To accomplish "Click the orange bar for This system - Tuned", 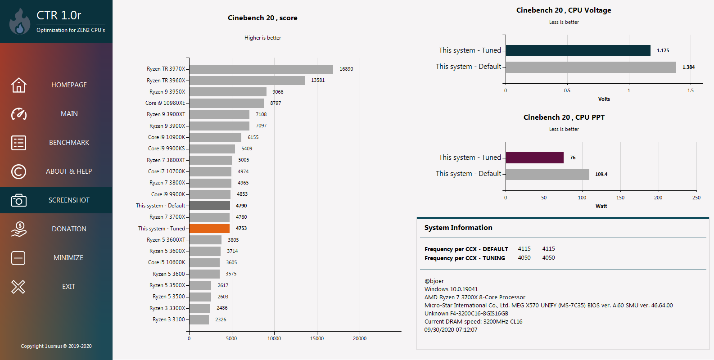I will pyautogui.click(x=209, y=228).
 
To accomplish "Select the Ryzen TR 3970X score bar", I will pyautogui.click(x=261, y=69).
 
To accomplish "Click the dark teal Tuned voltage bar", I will pyautogui.click(x=578, y=50).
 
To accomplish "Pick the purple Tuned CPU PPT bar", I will pyautogui.click(x=534, y=157).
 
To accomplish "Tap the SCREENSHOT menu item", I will pyautogui.click(x=69, y=200).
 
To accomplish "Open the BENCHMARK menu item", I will pyautogui.click(x=69, y=143).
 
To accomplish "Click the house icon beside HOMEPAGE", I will pyautogui.click(x=19, y=85).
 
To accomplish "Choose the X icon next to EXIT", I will pyautogui.click(x=18, y=287).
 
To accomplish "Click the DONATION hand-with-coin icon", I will pyautogui.click(x=19, y=229).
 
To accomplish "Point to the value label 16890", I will pyautogui.click(x=346, y=69).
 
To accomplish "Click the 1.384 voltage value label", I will pyautogui.click(x=688, y=67).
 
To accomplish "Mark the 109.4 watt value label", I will pyautogui.click(x=601, y=175).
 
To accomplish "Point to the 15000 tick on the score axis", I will pyautogui.click(x=317, y=338).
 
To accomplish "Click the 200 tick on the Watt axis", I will pyautogui.click(x=658, y=198).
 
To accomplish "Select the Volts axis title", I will pyautogui.click(x=604, y=99).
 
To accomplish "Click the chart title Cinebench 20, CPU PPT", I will pyautogui.click(x=564, y=117).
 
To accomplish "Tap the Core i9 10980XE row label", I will pyautogui.click(x=165, y=103).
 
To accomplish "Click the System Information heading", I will pyautogui.click(x=458, y=228).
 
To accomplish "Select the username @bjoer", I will pyautogui.click(x=434, y=281).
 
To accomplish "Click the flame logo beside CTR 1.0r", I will pyautogui.click(x=19, y=22).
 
